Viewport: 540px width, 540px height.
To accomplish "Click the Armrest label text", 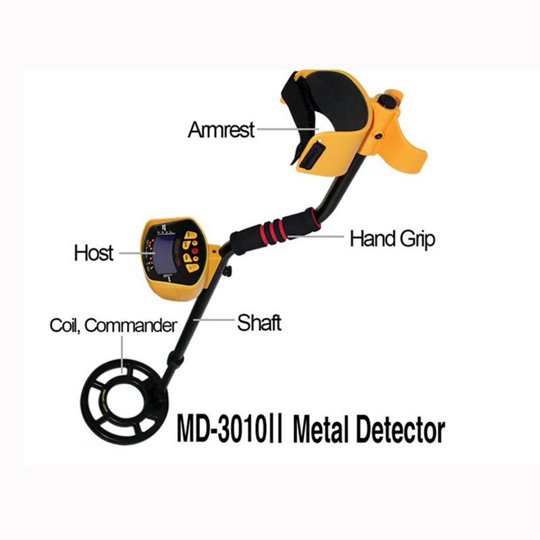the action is [x=221, y=129].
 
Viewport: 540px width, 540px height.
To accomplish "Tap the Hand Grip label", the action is [x=392, y=238].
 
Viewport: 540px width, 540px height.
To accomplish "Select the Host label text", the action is [x=94, y=253].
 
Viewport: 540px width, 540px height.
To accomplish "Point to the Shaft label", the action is [x=259, y=323].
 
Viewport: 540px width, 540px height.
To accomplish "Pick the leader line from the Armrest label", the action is [x=288, y=128].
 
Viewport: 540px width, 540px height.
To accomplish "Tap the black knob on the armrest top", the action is [x=386, y=100].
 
